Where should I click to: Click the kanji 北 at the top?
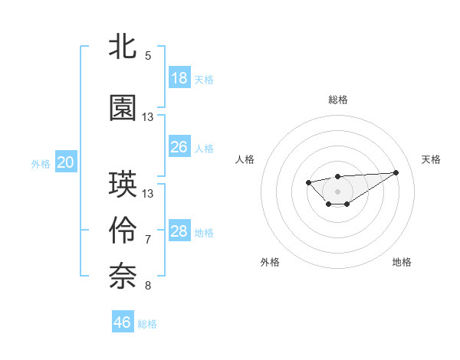pos(123,47)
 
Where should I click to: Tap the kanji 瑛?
pos(123,184)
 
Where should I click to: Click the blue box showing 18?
pos(179,78)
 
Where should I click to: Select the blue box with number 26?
pos(179,147)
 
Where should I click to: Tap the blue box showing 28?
pos(179,231)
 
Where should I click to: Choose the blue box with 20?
pos(66,162)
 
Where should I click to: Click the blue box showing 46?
pos(123,322)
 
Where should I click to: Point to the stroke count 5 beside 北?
pos(148,55)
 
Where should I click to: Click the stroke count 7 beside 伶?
pos(148,240)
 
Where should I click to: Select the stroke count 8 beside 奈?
pos(148,286)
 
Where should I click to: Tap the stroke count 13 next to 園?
pos(148,116)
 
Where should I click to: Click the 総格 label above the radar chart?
pos(337,100)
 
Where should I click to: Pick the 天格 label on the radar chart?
pos(431,159)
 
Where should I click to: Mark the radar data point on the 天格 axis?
pos(396,172)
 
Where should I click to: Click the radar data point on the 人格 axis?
pos(308,182)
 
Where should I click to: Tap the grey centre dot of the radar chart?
pos(337,191)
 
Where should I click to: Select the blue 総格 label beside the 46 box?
pos(147,324)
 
